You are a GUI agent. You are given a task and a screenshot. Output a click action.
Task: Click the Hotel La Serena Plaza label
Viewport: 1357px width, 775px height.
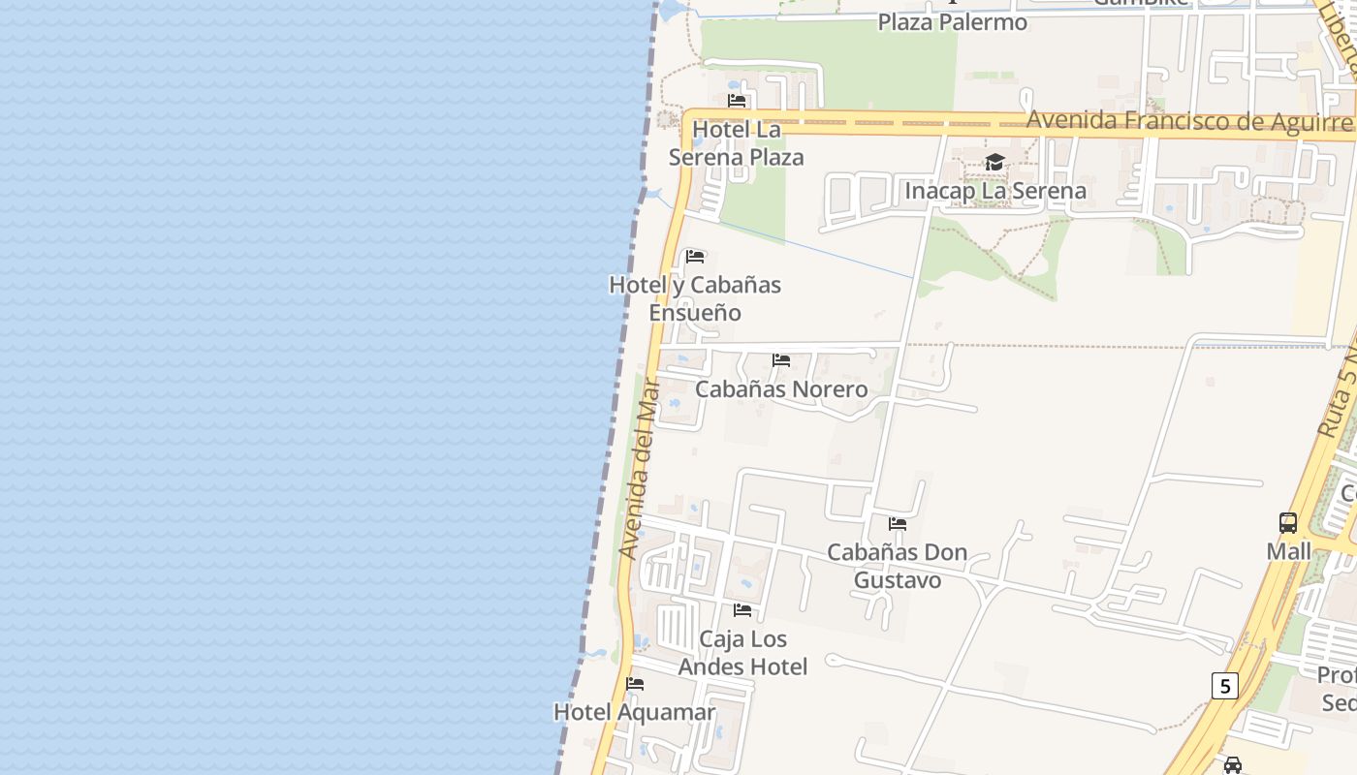[x=737, y=143]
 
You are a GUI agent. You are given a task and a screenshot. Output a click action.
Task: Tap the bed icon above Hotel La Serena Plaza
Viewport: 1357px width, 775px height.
[x=737, y=100]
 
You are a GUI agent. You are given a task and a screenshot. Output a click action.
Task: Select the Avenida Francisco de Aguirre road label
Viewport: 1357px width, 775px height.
[x=1188, y=121]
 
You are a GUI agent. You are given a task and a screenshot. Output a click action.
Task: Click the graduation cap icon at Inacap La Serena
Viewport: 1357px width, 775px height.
[x=994, y=162]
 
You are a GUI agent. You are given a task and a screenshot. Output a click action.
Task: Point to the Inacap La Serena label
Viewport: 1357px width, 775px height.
[x=995, y=191]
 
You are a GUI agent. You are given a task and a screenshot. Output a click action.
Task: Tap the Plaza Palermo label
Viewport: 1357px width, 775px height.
[x=952, y=21]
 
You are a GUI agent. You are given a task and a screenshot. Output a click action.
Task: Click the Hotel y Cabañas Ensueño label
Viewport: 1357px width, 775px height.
[x=695, y=298]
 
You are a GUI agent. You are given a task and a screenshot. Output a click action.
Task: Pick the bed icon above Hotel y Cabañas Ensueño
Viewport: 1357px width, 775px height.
[x=695, y=257]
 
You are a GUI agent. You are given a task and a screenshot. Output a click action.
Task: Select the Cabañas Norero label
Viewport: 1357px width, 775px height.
[x=781, y=389]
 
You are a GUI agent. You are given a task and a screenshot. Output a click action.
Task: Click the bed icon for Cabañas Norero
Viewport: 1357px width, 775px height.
[x=781, y=360]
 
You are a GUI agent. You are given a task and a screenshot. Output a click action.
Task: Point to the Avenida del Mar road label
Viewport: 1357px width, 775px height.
[x=640, y=469]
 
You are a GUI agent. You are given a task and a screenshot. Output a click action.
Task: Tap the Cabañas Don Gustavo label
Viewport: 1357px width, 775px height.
[x=897, y=566]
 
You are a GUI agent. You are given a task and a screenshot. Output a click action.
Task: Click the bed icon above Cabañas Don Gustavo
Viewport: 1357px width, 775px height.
[x=898, y=524]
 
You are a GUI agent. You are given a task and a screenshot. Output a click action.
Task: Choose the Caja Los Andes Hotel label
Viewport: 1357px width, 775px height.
[x=742, y=653]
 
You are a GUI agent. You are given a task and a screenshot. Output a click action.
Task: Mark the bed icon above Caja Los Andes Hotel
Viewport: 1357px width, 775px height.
[x=742, y=610]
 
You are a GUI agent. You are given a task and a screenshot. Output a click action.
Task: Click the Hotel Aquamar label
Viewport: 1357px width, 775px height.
[x=634, y=712]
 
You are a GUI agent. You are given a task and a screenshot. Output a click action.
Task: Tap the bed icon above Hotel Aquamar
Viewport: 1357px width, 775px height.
[x=635, y=684]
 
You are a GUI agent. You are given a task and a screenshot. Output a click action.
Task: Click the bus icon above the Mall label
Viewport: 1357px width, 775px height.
[x=1288, y=523]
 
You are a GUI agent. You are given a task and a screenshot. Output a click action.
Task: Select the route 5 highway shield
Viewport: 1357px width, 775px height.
[x=1224, y=687]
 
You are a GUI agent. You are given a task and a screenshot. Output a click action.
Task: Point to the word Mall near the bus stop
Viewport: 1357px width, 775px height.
[x=1288, y=551]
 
